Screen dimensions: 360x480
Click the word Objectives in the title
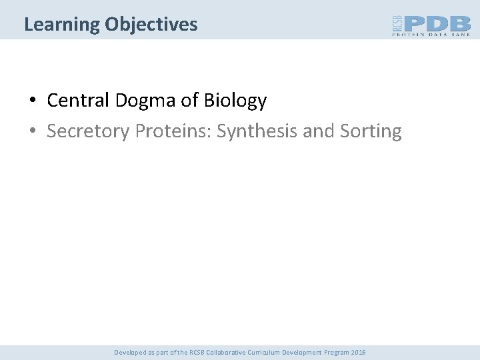tap(151, 25)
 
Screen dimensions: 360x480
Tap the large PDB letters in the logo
tap(437, 23)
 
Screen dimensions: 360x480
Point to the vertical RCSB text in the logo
tap(397, 25)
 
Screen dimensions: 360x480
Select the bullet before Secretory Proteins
tap(32, 132)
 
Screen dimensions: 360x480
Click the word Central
tap(78, 101)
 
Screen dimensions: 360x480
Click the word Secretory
tap(88, 131)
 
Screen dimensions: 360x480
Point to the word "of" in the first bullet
tap(191, 101)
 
